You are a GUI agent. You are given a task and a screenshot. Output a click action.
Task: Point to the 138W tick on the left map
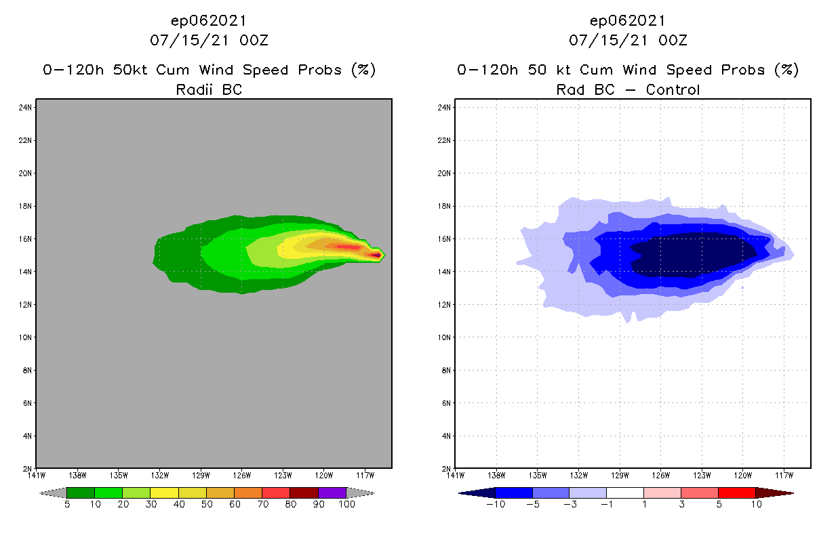[x=77, y=475]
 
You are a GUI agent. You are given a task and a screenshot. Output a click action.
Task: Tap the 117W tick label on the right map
[x=784, y=475]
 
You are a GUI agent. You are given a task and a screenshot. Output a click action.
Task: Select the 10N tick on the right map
[x=446, y=337]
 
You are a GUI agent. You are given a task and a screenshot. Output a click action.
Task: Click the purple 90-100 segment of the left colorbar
[x=332, y=493]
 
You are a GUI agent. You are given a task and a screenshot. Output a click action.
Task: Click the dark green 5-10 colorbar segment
[x=81, y=493]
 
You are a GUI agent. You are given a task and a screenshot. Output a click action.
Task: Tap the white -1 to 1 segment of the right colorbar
[x=625, y=493]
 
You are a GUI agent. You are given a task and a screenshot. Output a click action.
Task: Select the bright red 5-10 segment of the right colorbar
[x=736, y=493]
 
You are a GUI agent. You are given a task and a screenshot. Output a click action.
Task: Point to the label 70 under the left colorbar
[x=262, y=505]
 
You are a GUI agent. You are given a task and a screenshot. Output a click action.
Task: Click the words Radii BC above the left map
[x=209, y=89]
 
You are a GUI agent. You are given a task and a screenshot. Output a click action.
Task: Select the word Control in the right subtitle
[x=673, y=89]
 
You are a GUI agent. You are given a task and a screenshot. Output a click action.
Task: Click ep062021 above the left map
[x=209, y=20]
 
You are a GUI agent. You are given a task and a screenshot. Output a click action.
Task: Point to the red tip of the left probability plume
[x=375, y=255]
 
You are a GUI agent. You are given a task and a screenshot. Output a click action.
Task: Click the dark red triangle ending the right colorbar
[x=783, y=493]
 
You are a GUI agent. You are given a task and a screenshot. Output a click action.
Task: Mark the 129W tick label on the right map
[x=620, y=475]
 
